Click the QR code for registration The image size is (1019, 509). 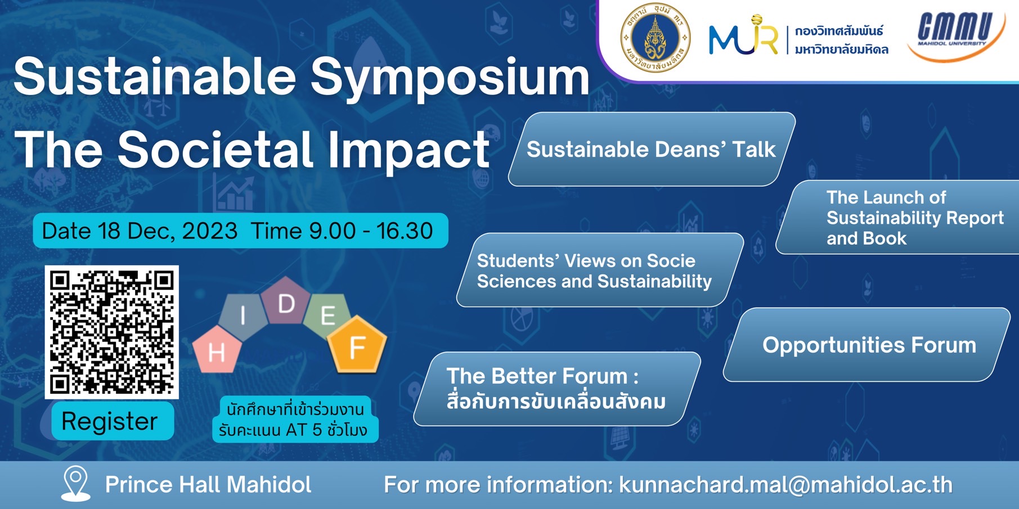coord(112,332)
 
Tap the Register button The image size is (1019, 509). coord(113,421)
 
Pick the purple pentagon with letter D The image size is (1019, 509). coord(286,301)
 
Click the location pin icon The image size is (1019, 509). coord(76,483)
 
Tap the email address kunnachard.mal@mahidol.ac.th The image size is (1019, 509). coord(786,485)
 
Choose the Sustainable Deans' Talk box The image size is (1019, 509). coord(652,149)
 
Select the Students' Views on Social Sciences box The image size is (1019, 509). coord(600,270)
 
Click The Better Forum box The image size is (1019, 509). coord(557,389)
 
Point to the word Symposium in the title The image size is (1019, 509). coord(450,78)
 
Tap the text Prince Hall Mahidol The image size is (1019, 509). coord(208,485)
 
